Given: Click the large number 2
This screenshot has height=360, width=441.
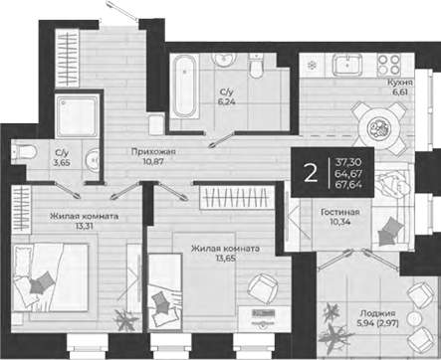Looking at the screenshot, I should [311, 172].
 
